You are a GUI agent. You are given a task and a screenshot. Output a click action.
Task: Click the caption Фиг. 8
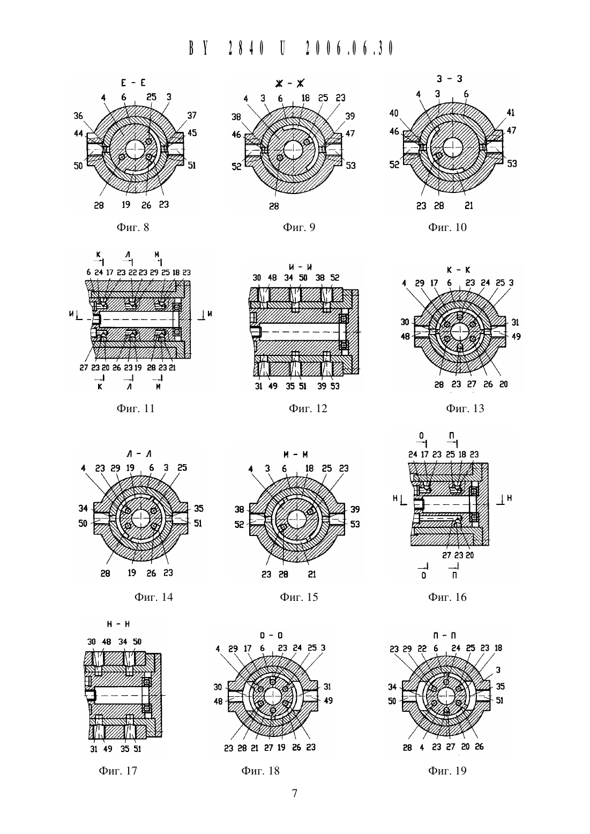tap(132, 227)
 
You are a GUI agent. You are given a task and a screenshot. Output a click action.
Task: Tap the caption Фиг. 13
tap(465, 408)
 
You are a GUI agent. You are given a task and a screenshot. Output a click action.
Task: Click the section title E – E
tap(133, 83)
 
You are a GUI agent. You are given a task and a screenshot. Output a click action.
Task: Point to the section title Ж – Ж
tap(289, 84)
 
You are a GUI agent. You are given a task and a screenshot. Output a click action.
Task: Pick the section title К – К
tap(459, 270)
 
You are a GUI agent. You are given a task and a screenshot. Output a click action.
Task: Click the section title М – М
tap(296, 454)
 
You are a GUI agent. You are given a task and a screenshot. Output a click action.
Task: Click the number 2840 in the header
tap(247, 48)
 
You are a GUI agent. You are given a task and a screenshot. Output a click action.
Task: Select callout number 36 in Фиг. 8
tap(78, 116)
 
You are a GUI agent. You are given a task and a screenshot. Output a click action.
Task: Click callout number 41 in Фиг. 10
tap(510, 113)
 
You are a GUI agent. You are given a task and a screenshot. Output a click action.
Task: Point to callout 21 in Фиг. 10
tap(469, 205)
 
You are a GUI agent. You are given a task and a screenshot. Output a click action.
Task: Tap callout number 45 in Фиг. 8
tap(192, 133)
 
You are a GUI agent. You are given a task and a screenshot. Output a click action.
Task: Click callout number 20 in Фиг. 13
tap(503, 384)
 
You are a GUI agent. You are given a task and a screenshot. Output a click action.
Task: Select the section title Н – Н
tap(118, 624)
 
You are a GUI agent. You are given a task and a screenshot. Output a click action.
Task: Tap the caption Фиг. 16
tap(447, 597)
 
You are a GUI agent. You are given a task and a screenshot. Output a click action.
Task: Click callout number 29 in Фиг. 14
tap(115, 468)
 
